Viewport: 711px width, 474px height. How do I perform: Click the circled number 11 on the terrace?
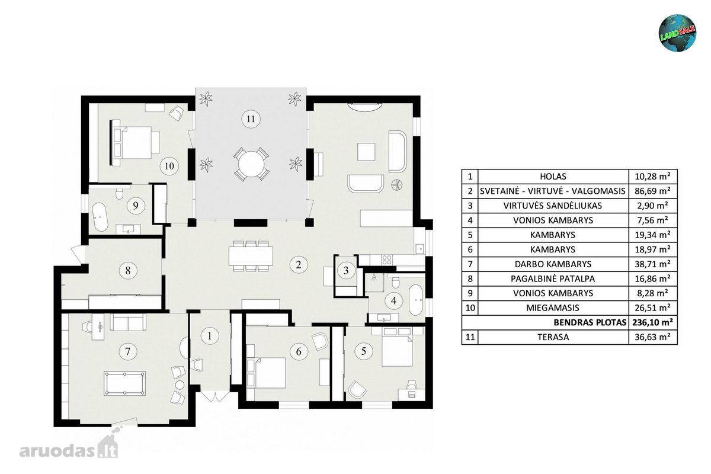(x=251, y=119)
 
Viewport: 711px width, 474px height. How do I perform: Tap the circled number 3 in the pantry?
(x=346, y=271)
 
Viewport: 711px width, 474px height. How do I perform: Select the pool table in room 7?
(x=125, y=383)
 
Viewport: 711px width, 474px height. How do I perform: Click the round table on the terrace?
(x=251, y=164)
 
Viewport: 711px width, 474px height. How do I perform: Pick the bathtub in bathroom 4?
(x=415, y=300)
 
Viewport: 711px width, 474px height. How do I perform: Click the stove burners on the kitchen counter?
(x=386, y=260)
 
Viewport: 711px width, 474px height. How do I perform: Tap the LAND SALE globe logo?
(x=677, y=33)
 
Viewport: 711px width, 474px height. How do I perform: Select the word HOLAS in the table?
(x=553, y=177)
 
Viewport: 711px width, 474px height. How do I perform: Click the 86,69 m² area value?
(x=652, y=191)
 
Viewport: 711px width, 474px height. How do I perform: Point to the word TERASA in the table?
(x=553, y=337)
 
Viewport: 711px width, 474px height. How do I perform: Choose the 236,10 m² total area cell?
(x=652, y=322)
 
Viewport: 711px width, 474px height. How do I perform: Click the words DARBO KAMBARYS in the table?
(x=553, y=264)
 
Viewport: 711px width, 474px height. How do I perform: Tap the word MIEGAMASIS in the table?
(x=553, y=308)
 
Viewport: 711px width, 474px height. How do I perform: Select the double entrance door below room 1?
(x=215, y=396)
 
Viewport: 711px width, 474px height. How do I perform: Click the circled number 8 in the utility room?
(x=127, y=271)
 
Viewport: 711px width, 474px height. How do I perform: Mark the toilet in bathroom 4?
(x=396, y=281)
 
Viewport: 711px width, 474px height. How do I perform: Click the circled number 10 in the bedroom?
(x=169, y=166)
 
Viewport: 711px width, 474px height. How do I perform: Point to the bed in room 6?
(x=266, y=373)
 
